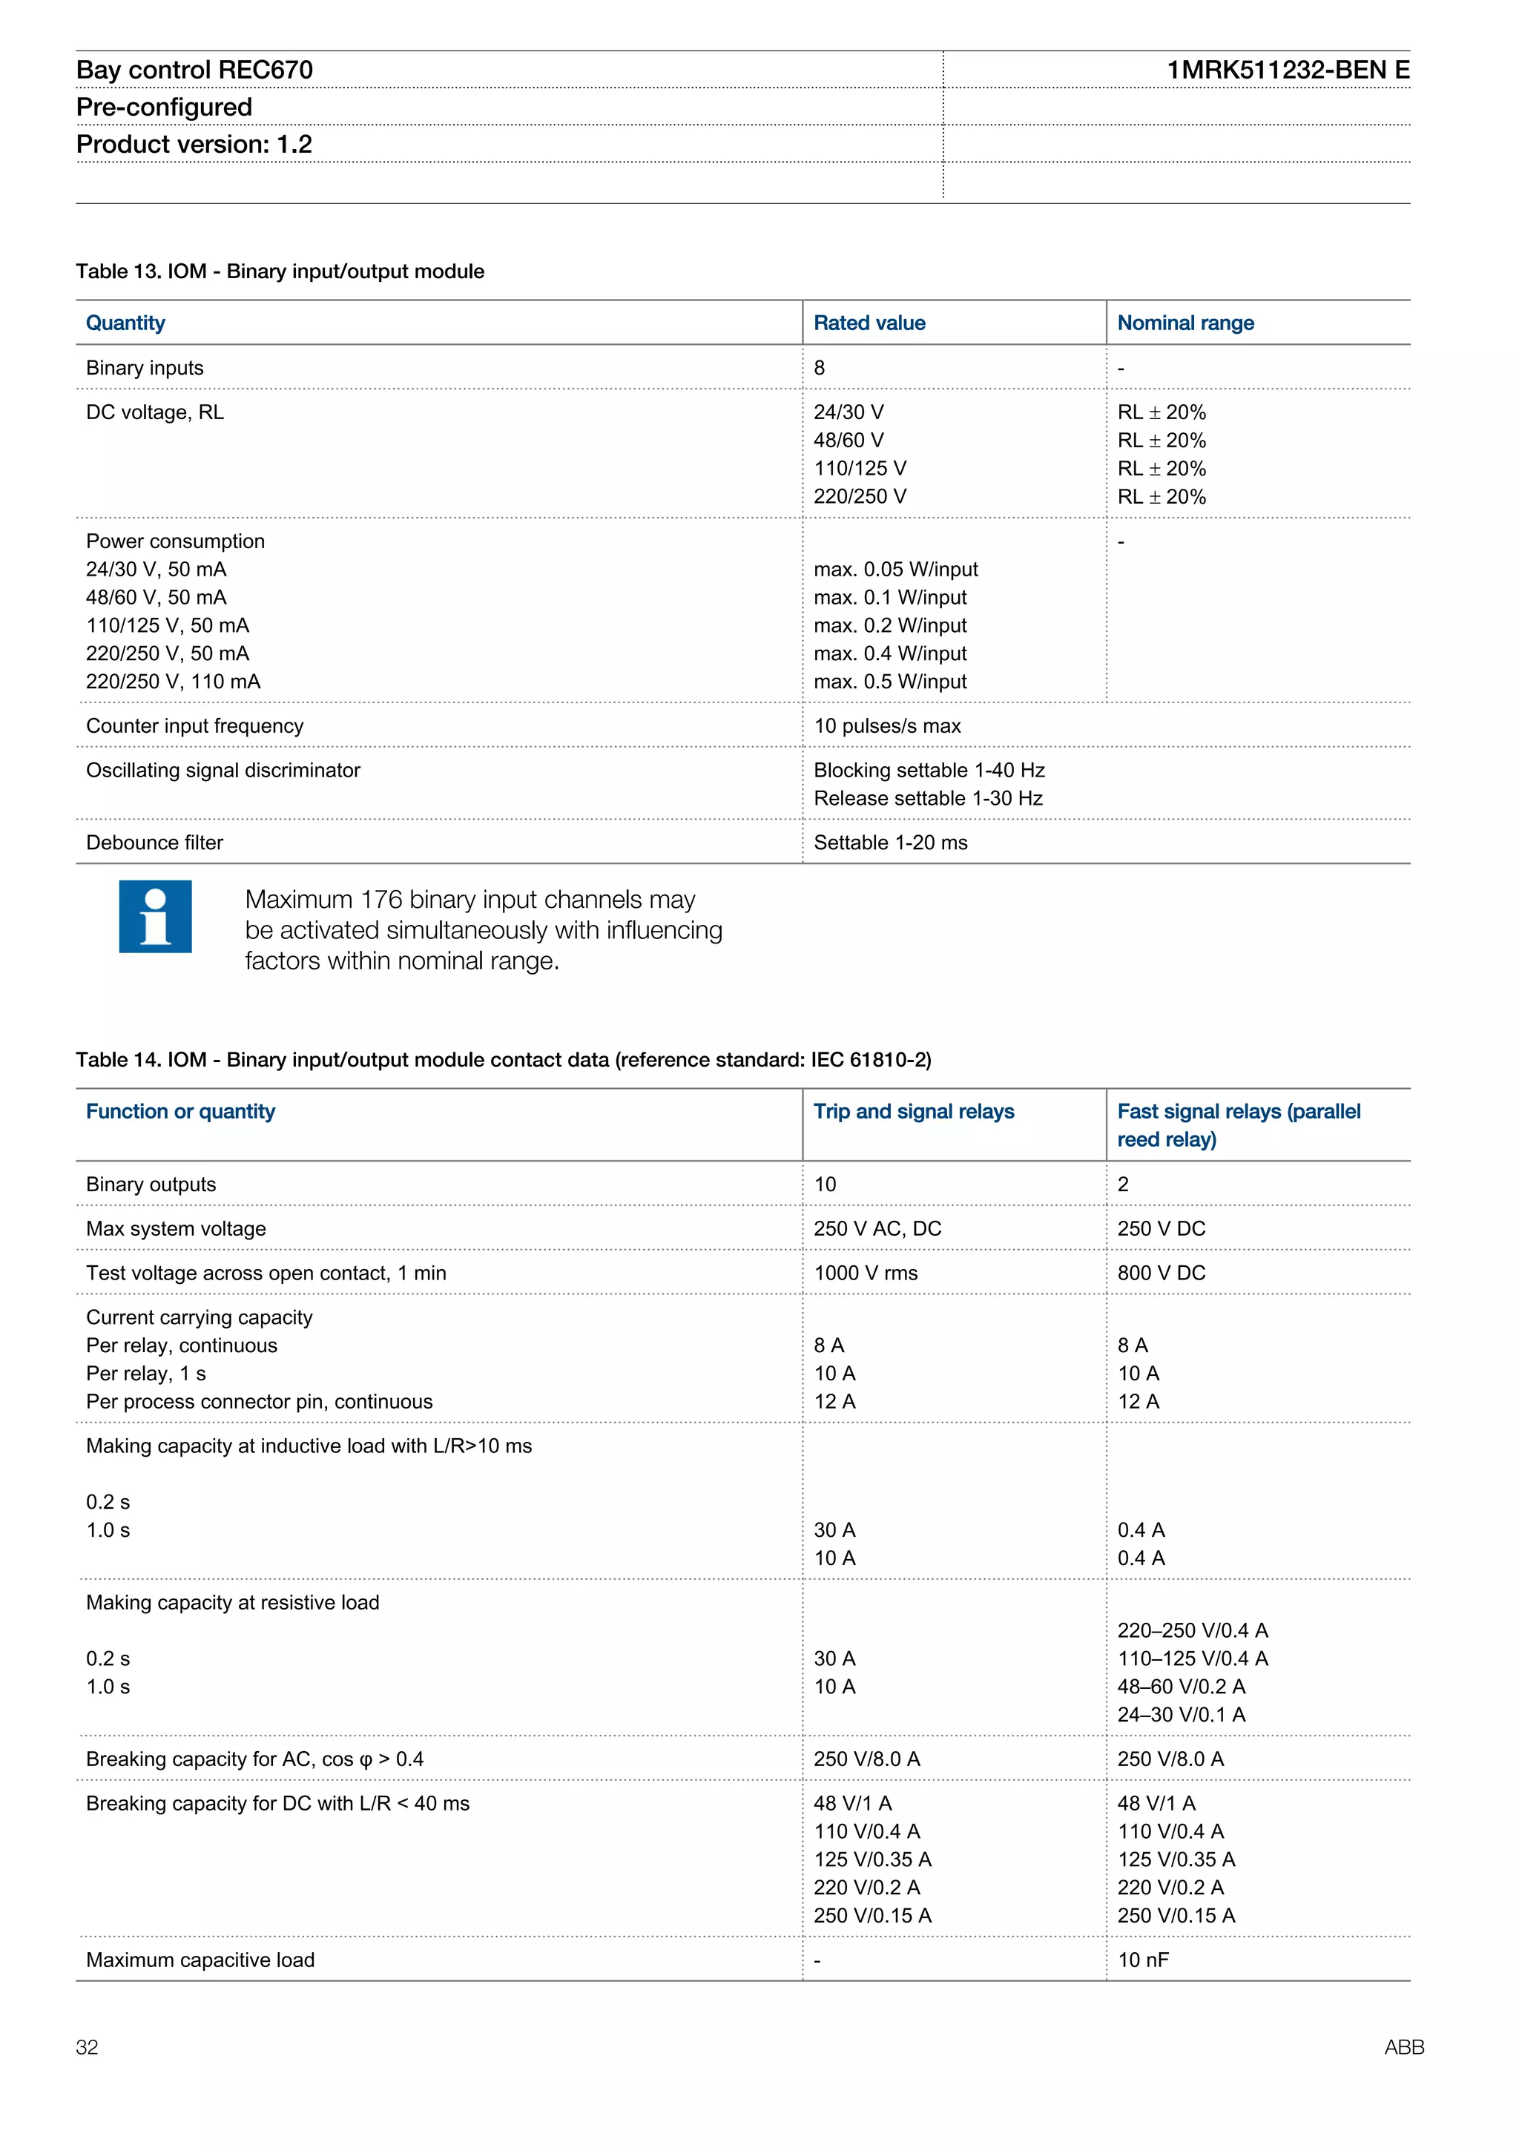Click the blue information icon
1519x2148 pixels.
155,916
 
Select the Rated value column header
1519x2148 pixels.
869,323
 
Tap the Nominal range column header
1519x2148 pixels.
1185,323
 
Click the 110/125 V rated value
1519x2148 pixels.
860,468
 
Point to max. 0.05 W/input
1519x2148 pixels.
895,569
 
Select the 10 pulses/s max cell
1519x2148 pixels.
887,726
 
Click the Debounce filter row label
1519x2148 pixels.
154,842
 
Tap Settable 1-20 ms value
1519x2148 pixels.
889,842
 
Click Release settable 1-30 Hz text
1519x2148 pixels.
928,798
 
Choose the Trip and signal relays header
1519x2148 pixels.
913,1111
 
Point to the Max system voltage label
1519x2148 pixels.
176,1228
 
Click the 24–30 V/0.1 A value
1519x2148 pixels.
1180,1714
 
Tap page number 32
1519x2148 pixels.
87,2047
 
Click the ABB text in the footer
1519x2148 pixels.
1403,2047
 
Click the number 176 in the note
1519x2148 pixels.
380,899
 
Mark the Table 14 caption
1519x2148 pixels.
503,1059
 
